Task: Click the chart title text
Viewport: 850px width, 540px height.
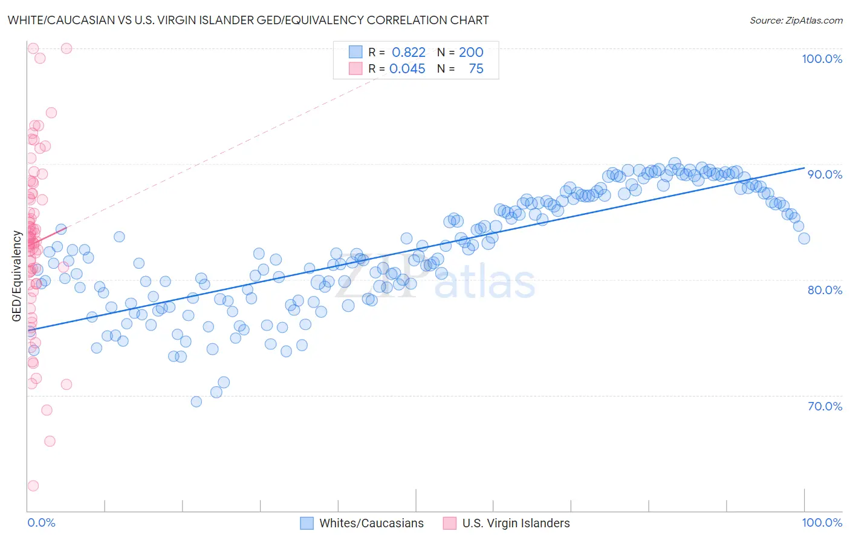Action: point(248,20)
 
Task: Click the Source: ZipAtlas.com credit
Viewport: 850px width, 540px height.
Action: point(796,20)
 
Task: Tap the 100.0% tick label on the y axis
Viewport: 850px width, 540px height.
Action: point(822,59)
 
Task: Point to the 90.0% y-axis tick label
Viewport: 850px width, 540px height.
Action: point(825,174)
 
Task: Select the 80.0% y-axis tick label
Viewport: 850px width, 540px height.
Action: point(825,290)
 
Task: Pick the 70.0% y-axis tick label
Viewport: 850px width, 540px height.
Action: point(825,406)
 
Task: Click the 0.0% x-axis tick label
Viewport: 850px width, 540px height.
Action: point(41,522)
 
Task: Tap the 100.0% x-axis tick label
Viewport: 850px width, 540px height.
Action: point(822,522)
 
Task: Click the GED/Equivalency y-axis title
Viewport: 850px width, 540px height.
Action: point(17,277)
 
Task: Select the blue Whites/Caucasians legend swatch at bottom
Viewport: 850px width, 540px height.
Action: point(307,523)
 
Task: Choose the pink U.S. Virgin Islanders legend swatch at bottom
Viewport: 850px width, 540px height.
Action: point(450,523)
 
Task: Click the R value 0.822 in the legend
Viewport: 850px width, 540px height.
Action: point(409,53)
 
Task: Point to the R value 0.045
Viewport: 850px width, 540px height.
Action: point(407,69)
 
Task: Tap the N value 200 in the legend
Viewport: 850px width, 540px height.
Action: point(471,53)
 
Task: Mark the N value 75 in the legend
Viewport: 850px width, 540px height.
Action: point(476,69)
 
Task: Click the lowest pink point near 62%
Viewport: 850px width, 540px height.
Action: point(33,486)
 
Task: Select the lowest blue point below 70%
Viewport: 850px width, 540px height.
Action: point(196,402)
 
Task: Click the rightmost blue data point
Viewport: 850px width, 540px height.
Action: point(804,239)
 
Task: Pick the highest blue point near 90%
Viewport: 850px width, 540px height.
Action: point(675,163)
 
